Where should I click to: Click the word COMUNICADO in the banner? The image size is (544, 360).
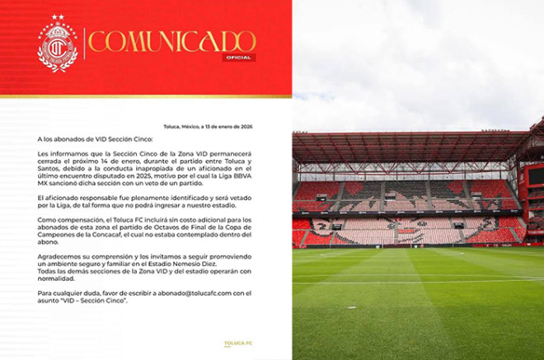tap(172, 42)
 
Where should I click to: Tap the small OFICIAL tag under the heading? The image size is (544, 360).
tap(237, 58)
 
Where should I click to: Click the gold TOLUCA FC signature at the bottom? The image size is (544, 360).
tap(238, 343)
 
